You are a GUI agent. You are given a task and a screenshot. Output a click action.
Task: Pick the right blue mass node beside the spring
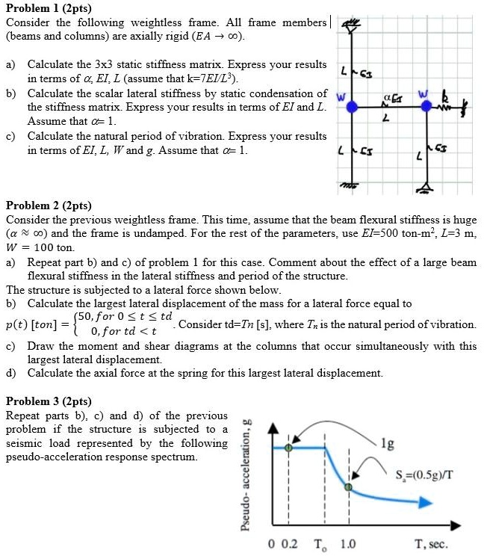426,107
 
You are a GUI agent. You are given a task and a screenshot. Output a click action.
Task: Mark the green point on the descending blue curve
348,487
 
